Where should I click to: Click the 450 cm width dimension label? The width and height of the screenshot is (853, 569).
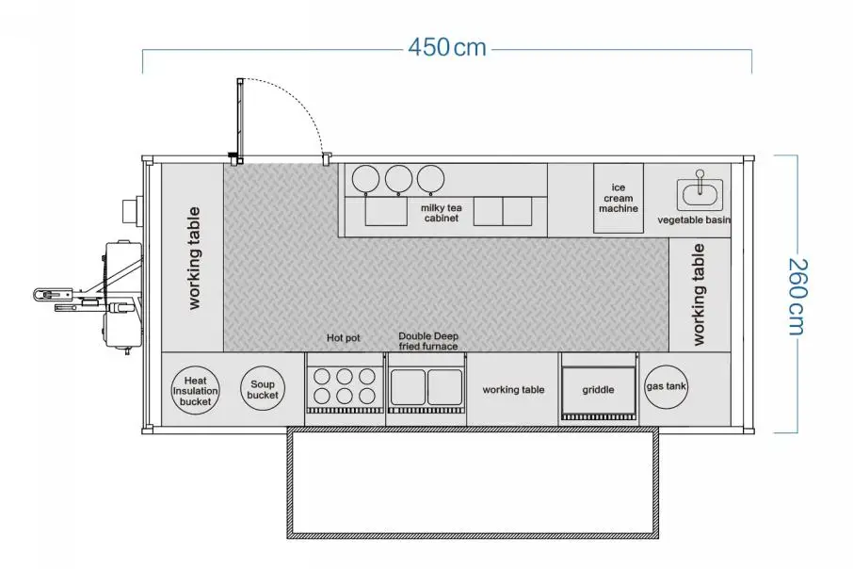(x=447, y=47)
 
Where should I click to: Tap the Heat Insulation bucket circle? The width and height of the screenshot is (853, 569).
(x=195, y=391)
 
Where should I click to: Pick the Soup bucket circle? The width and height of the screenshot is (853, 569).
(x=263, y=389)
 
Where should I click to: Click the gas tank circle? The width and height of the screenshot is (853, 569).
(x=666, y=386)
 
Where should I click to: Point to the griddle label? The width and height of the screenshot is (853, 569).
(x=598, y=390)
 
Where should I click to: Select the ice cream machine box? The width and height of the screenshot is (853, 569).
(x=618, y=198)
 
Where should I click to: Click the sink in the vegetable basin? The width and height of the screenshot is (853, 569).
(x=700, y=193)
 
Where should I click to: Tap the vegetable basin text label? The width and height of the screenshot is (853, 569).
(x=694, y=220)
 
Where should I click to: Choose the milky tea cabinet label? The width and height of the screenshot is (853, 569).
(x=442, y=213)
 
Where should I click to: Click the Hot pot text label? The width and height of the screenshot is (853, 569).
(x=344, y=338)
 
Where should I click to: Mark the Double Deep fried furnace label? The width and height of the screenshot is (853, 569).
(x=428, y=341)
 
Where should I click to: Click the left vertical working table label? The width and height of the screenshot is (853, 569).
(x=194, y=258)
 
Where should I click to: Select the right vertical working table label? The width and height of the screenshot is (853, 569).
(x=699, y=295)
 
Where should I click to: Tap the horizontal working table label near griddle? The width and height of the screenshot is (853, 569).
(x=513, y=390)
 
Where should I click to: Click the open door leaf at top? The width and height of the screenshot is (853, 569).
(x=240, y=121)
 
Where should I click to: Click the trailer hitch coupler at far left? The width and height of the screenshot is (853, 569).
(x=44, y=295)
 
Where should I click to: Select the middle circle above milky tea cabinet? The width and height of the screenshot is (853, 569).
(x=399, y=179)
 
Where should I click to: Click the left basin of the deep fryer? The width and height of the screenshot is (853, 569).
(x=408, y=387)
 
